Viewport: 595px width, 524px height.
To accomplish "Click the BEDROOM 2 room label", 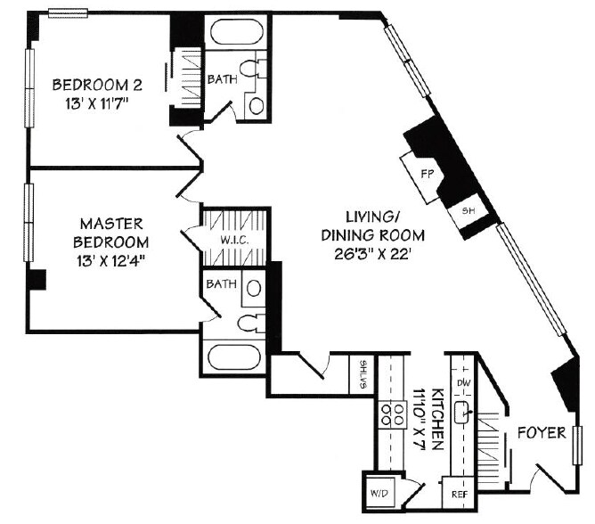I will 98,86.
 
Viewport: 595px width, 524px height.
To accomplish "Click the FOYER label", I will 542,433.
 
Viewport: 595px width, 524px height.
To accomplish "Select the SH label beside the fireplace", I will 468,211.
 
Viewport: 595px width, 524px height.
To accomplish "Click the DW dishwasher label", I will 461,383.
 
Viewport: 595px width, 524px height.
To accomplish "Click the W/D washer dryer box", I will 376,492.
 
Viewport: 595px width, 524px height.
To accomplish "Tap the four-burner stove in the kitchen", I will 392,413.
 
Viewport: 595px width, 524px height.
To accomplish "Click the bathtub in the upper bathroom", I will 235,37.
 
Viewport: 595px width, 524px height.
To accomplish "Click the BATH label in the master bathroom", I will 221,284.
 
